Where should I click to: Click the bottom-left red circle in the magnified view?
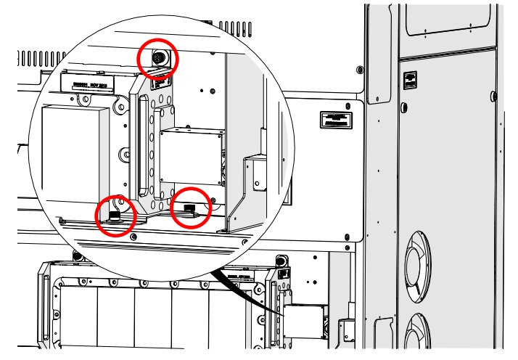click(116, 216)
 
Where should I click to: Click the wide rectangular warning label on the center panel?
click(337, 120)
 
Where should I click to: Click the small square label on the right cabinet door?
click(410, 80)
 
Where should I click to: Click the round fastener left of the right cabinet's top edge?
click(361, 70)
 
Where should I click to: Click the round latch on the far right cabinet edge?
click(494, 96)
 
